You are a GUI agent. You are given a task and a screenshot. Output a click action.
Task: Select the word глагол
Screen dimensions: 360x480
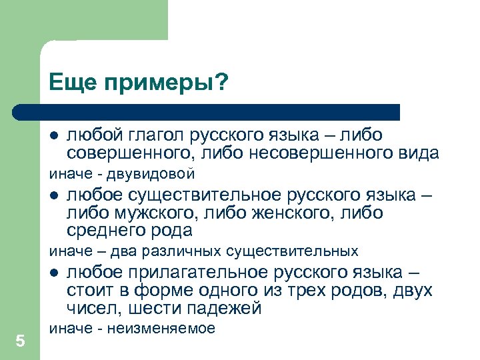tap(155, 137)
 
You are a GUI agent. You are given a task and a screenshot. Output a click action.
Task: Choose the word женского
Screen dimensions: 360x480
tap(277, 213)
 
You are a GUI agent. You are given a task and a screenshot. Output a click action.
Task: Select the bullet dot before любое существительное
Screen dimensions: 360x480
tap(55, 197)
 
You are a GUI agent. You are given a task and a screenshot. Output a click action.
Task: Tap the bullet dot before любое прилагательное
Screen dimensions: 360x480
tap(55, 274)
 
